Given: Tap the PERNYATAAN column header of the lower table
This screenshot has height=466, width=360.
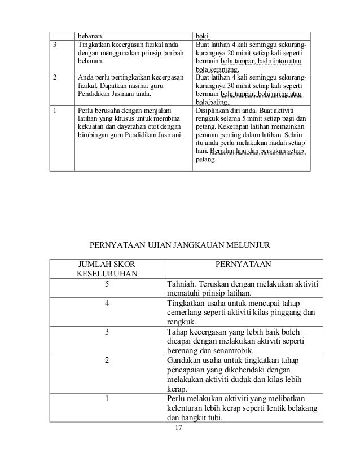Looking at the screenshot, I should point(243,263).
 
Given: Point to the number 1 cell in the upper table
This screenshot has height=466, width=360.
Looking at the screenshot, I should point(54,111).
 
